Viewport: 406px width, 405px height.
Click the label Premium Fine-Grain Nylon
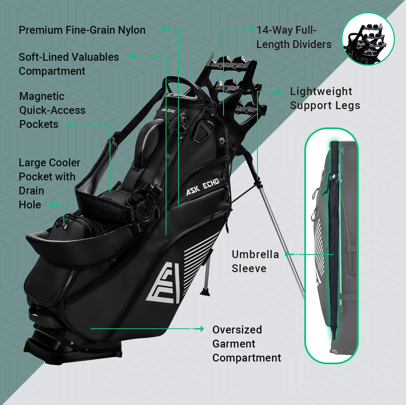click(x=82, y=30)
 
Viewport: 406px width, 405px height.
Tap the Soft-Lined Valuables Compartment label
click(x=69, y=64)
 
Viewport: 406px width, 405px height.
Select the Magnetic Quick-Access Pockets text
click(x=52, y=110)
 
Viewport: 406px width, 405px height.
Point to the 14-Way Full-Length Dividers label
click(x=294, y=37)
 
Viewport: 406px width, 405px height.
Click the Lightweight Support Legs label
click(x=325, y=98)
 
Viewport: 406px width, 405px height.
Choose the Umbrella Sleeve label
click(x=255, y=261)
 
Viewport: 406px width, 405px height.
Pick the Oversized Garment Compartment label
click(x=246, y=343)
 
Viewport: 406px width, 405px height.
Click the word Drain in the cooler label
click(x=31, y=191)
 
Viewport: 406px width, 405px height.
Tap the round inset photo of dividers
click(x=368, y=39)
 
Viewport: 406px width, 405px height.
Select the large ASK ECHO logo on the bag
click(x=203, y=187)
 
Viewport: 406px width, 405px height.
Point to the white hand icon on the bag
click(x=222, y=140)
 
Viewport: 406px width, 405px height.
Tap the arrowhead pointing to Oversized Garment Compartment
click(x=201, y=329)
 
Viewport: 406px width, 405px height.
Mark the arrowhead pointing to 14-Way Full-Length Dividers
click(x=251, y=29)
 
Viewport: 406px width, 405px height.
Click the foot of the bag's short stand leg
click(x=204, y=292)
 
